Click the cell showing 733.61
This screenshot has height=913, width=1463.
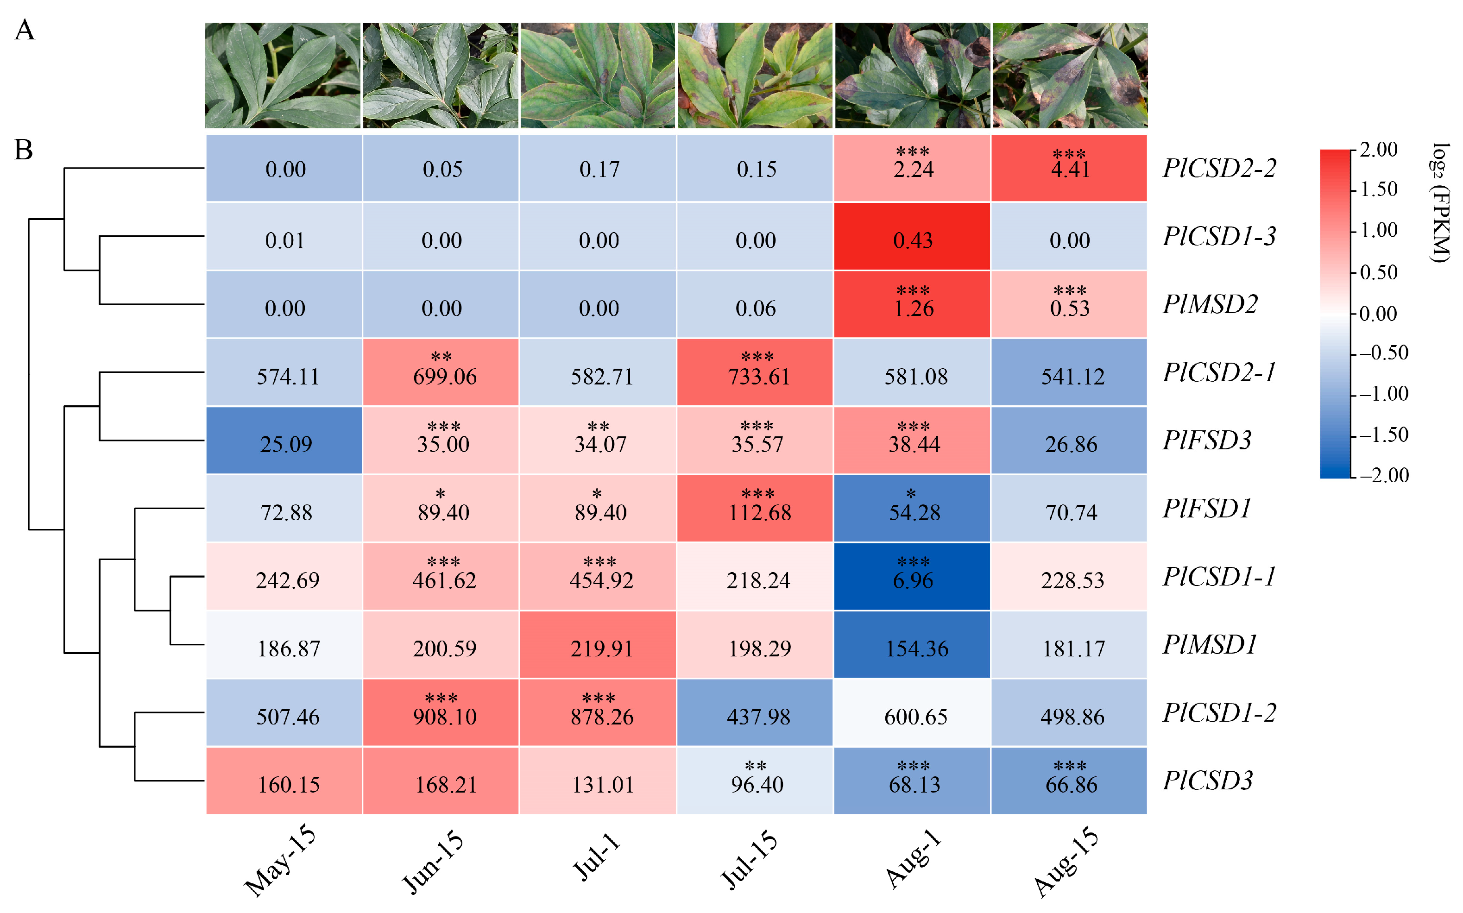(x=755, y=372)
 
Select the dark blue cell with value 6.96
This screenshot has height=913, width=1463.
(x=912, y=576)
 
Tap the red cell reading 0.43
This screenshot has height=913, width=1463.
(x=912, y=236)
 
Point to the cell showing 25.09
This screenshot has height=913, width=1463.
(x=284, y=440)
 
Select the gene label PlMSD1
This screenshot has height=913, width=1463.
(x=1210, y=645)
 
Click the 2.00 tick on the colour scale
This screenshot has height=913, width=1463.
(x=1379, y=149)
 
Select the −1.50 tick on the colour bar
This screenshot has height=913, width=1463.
(x=1384, y=435)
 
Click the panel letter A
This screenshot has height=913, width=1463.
(x=25, y=30)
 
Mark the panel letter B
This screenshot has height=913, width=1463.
(x=24, y=150)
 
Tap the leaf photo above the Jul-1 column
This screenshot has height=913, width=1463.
(x=598, y=76)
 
